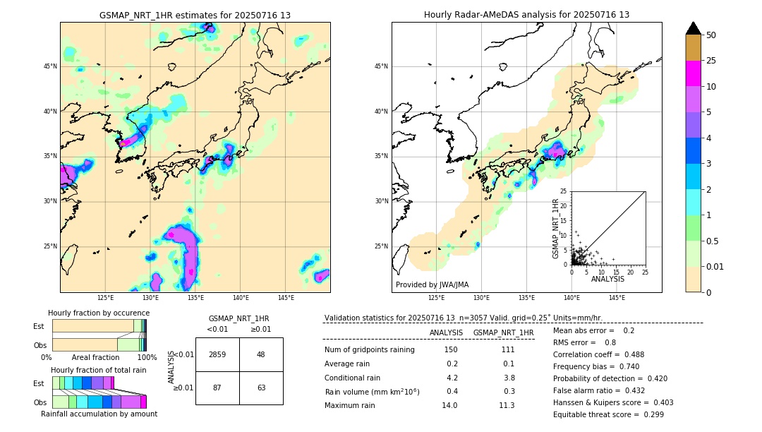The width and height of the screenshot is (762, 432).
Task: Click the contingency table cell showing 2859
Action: coord(217,354)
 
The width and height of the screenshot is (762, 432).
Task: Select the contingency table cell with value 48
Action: coord(261,354)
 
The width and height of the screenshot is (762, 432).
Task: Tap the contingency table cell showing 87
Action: coord(217,388)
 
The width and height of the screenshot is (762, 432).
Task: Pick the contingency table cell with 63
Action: coord(261,388)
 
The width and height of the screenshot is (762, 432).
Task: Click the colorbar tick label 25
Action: coord(711,61)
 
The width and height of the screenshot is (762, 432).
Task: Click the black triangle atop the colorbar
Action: coord(694,28)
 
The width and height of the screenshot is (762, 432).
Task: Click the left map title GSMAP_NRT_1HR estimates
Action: coord(195,15)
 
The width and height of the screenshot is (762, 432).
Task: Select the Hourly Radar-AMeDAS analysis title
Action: coord(526,15)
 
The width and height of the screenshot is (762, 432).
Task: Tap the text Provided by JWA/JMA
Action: coord(432,284)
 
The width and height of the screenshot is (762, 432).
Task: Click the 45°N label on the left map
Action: coord(50,66)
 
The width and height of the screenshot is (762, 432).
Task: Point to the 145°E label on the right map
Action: coord(617,298)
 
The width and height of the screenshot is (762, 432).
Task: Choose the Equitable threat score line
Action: coord(608,414)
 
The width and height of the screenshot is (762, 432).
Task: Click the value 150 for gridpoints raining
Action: coord(451,350)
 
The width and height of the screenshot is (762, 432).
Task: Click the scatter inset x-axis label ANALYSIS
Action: coord(607,279)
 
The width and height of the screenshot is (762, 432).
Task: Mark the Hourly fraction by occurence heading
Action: coord(99,313)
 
